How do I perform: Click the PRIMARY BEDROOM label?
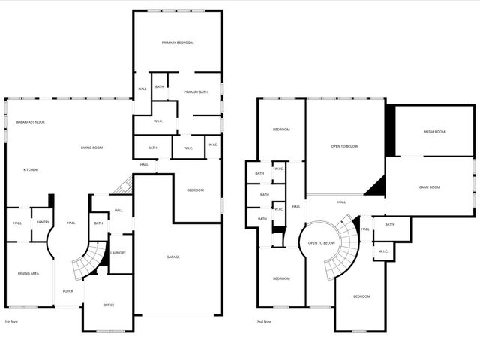click(178, 43)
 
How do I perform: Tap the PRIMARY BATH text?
click(193, 92)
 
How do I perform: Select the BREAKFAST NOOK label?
click(31, 122)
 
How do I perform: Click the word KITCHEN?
click(30, 169)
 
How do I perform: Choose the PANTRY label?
click(43, 222)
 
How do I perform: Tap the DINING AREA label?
click(28, 273)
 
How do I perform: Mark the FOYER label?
click(67, 291)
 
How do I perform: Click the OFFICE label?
click(108, 304)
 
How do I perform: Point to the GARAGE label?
click(172, 257)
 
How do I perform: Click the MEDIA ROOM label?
click(434, 132)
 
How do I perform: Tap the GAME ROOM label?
click(429, 187)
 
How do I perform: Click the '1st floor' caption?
click(11, 322)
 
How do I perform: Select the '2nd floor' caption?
click(265, 322)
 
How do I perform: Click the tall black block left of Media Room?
click(389, 129)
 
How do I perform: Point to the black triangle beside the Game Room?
click(377, 186)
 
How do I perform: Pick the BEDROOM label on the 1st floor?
click(195, 190)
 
